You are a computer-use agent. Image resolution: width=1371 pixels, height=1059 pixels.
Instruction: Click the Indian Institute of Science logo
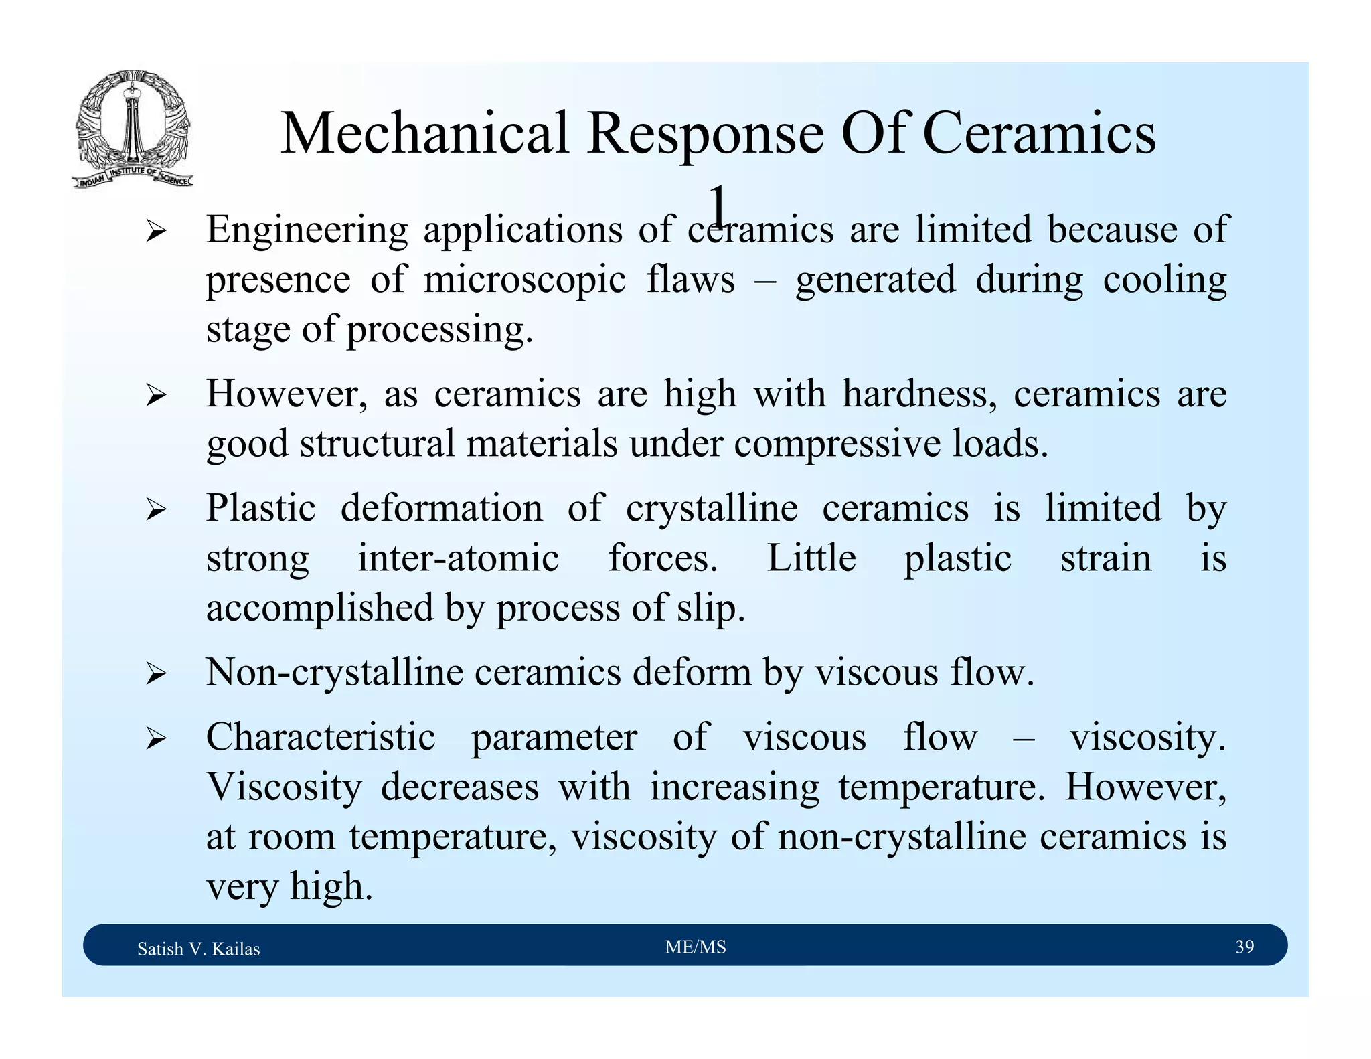point(132,129)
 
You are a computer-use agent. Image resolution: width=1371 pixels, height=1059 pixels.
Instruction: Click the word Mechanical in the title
point(424,133)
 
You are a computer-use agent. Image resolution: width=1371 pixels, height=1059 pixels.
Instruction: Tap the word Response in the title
point(705,133)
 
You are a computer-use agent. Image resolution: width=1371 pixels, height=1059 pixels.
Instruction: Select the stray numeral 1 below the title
point(718,206)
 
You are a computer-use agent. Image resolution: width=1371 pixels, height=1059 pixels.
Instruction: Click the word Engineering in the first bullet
point(307,230)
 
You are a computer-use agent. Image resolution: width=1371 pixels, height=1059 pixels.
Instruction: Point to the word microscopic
point(524,280)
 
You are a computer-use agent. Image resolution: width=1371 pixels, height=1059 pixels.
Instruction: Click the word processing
point(439,329)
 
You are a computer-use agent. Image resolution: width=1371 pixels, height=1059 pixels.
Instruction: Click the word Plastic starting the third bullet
point(260,508)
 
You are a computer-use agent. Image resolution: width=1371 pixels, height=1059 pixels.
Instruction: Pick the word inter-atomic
point(458,558)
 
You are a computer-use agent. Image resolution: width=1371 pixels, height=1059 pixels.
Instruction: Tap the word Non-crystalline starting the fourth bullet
point(334,672)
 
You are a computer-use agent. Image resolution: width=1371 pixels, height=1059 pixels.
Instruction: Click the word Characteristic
point(321,737)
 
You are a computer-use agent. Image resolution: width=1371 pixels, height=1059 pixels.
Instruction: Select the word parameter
point(554,737)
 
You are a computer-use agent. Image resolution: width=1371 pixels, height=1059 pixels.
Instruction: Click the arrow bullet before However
point(156,396)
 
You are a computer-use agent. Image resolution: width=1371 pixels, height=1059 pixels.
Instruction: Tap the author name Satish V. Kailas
point(198,949)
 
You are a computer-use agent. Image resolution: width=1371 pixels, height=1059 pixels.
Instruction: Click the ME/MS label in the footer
point(696,947)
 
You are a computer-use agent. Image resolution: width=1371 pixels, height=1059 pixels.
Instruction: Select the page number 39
point(1244,947)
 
